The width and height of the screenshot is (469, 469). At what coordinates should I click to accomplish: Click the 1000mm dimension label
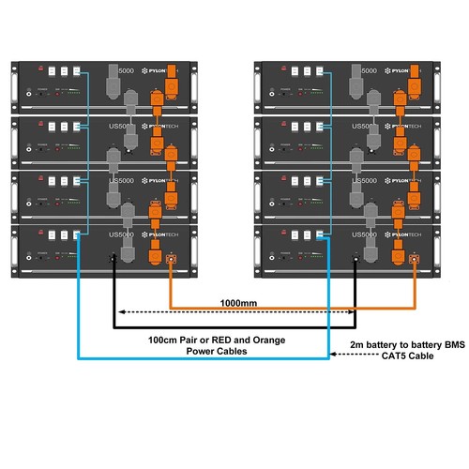coord(237,304)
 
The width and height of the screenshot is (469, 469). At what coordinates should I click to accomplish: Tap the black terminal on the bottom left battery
coord(113,259)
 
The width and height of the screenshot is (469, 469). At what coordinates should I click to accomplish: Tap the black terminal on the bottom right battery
coord(356,259)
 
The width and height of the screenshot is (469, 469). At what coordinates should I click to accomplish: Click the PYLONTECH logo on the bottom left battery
coord(154,234)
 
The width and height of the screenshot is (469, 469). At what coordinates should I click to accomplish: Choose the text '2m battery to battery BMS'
coord(399,345)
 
